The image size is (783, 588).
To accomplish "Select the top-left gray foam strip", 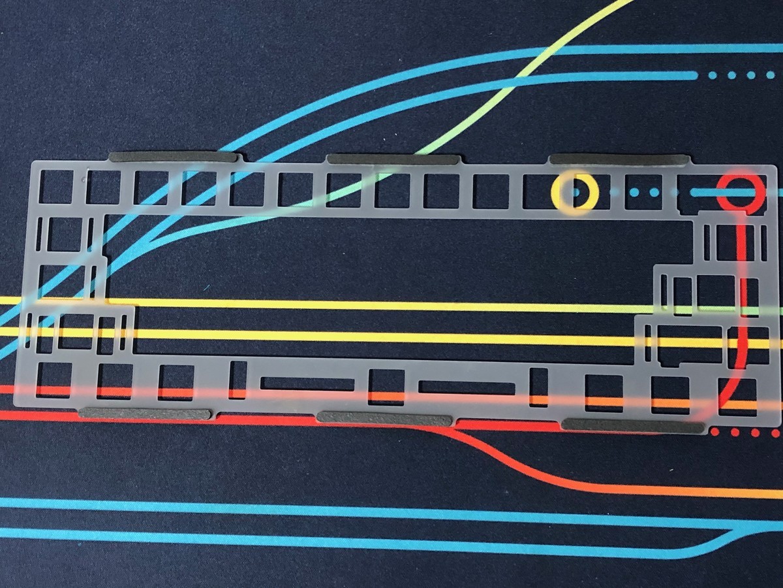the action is [x=172, y=157].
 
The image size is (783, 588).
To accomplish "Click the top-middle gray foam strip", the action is [x=393, y=159].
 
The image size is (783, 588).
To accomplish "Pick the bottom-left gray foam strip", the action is [x=145, y=414].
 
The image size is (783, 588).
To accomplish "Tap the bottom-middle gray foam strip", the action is [x=384, y=419].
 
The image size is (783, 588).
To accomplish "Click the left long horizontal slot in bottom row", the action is [x=307, y=384].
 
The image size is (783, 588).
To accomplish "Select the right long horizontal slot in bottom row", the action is [x=467, y=387].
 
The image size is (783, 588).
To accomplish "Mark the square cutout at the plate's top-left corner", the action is [x=56, y=186].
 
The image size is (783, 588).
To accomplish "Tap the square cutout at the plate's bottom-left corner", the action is [x=54, y=380].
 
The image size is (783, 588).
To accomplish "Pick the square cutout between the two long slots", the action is [x=386, y=387].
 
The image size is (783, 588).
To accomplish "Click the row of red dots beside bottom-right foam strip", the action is [x=744, y=433].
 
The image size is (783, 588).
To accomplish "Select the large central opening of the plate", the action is [x=391, y=281].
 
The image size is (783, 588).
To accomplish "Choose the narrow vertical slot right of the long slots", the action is [x=539, y=387].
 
